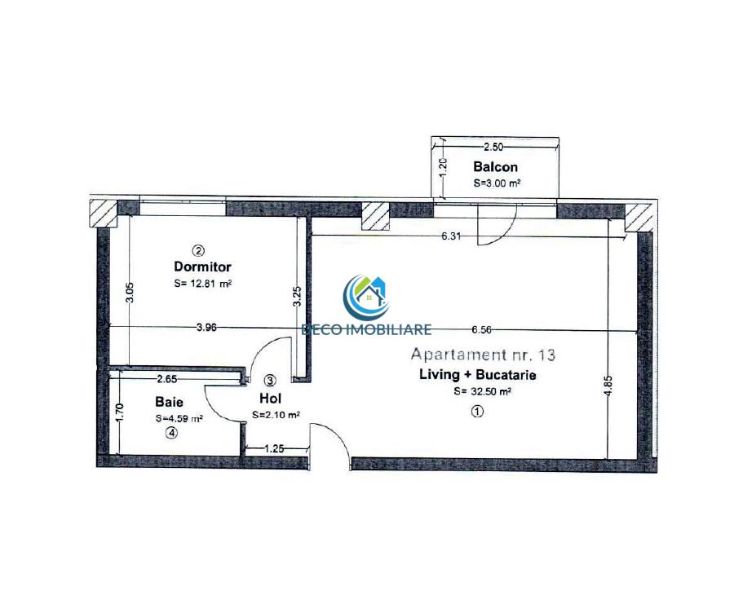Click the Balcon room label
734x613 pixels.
pos(495,166)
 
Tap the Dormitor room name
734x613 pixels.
pos(203,267)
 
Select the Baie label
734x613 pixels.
pos(169,402)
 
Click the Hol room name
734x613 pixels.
pos(270,399)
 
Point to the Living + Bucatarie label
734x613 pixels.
pos(477,374)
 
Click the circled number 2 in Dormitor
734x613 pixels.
pos(199,251)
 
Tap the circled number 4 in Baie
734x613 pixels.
pos(172,434)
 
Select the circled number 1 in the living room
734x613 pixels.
pos(477,412)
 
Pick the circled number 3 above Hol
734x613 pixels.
pos(270,380)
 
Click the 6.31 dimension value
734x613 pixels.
pos(451,236)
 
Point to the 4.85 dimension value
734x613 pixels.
pos(608,386)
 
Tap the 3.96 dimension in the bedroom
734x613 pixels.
pos(206,328)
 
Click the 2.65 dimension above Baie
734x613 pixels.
pos(166,378)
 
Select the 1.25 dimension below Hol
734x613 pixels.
pos(274,449)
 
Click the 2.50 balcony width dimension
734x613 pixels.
pos(493,147)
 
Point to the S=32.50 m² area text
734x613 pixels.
pos(482,391)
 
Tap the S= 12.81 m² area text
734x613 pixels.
pos(203,284)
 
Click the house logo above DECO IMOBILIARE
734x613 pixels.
pos(365,298)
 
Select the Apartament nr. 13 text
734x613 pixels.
pos(483,355)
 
